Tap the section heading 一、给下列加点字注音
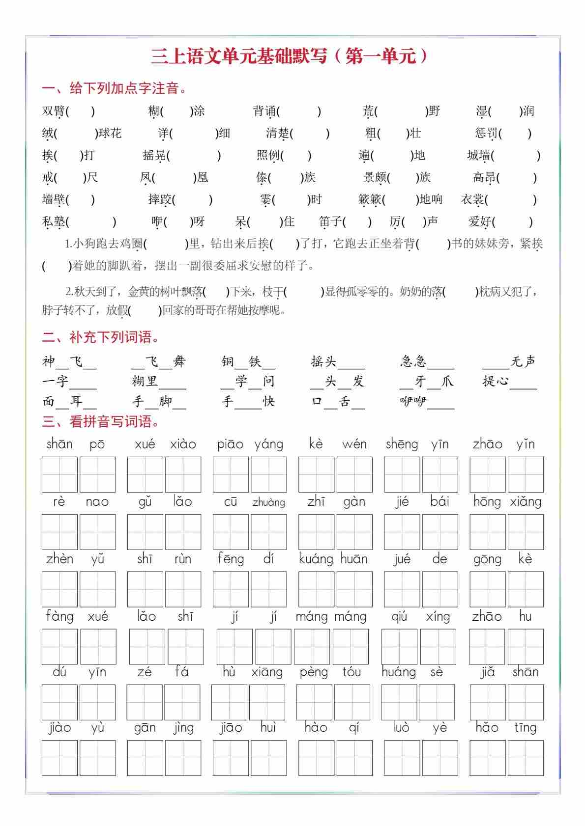tap(115, 89)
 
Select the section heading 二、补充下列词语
tap(101, 337)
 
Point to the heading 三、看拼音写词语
tap(101, 422)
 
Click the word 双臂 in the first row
tap(53, 111)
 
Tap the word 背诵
tap(264, 111)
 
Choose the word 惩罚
tap(486, 134)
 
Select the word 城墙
tap(478, 156)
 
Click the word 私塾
tap(53, 222)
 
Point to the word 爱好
tap(480, 222)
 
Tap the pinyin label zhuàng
tap(268, 502)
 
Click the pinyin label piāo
tap(230, 444)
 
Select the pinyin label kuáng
tap(316, 559)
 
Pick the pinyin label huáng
tap(399, 672)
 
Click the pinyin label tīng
tap(525, 727)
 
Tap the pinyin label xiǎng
tap(526, 502)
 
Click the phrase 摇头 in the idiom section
tap(323, 362)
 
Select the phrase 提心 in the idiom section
tap(495, 382)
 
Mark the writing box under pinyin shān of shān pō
tap(59, 474)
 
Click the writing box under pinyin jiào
tap(59, 758)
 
